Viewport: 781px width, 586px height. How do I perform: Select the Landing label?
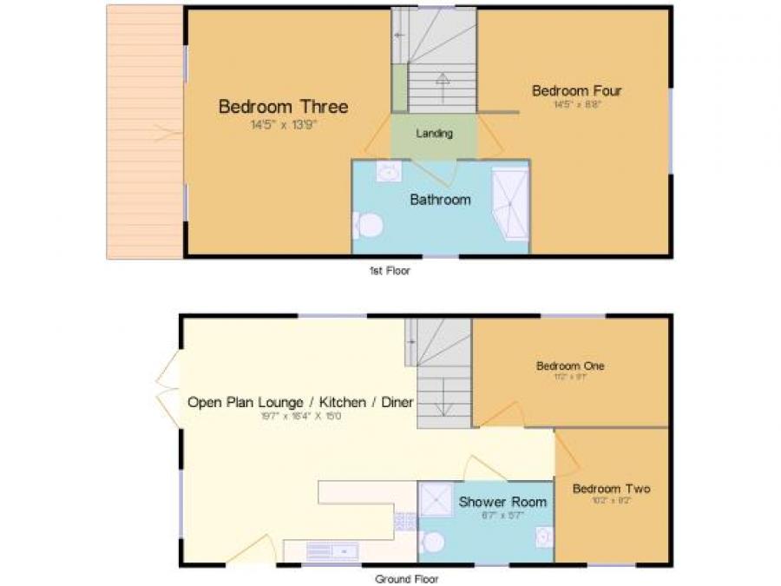(x=434, y=134)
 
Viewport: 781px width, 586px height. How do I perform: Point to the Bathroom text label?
(x=440, y=200)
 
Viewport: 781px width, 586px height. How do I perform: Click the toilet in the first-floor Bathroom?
(x=368, y=227)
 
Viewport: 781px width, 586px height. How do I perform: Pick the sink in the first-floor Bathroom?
(x=388, y=172)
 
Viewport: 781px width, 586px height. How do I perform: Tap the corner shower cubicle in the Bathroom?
(x=509, y=205)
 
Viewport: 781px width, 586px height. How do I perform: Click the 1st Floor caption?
(x=390, y=271)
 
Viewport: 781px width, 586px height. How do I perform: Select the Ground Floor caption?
(x=406, y=579)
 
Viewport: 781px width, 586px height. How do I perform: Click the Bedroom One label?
(x=569, y=366)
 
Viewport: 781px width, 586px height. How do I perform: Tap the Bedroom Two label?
(x=611, y=489)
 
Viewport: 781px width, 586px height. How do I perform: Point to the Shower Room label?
(x=502, y=502)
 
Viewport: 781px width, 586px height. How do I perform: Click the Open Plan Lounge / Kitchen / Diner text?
(x=300, y=402)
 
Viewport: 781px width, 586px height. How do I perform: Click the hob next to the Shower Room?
(x=405, y=521)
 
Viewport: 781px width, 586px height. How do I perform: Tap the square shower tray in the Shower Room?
(x=436, y=499)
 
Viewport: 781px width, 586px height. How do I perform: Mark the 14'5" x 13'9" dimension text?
(x=283, y=125)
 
